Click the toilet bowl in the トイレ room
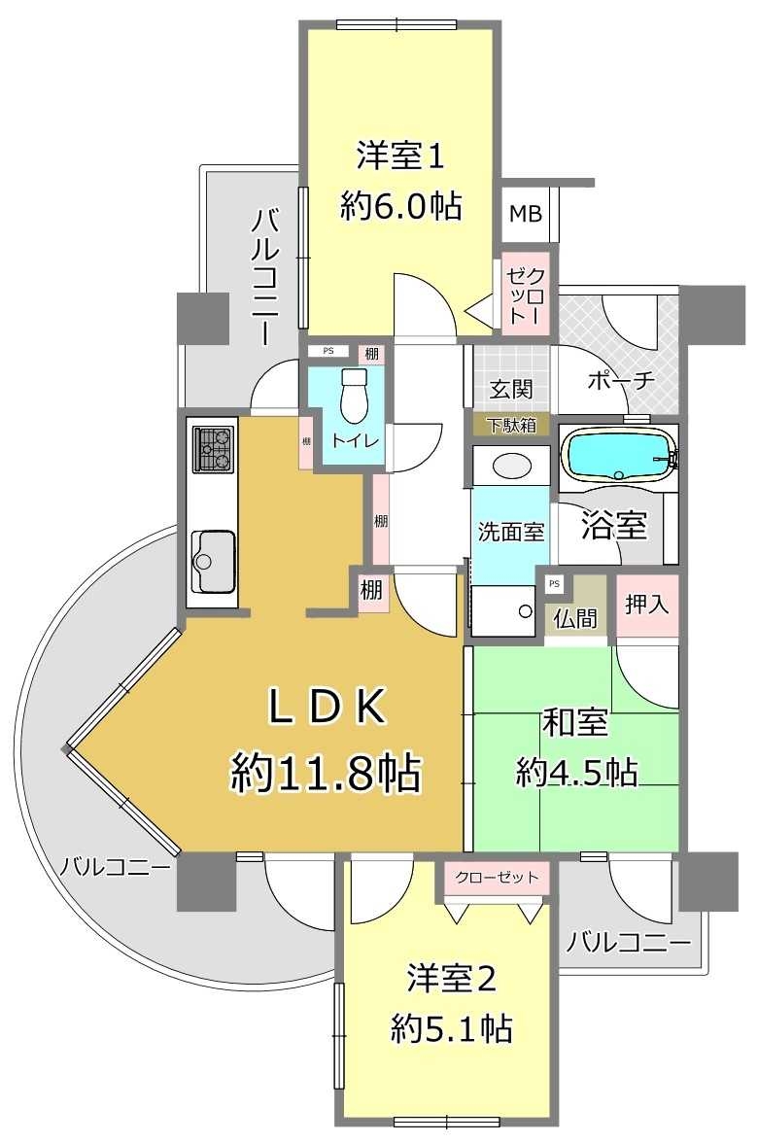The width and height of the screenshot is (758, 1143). pyautogui.click(x=355, y=397)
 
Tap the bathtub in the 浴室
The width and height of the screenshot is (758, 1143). pyautogui.click(x=619, y=455)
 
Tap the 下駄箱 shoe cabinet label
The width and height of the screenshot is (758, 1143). pyautogui.click(x=511, y=424)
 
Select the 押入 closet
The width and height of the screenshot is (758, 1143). pyautogui.click(x=647, y=605)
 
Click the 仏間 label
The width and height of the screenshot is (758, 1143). pyautogui.click(x=576, y=618)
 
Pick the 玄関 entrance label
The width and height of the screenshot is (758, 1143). pyautogui.click(x=510, y=390)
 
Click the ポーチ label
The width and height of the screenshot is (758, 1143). pyautogui.click(x=622, y=381)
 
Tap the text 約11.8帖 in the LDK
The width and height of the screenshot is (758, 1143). pyautogui.click(x=326, y=774)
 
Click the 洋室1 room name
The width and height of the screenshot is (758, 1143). pyautogui.click(x=399, y=155)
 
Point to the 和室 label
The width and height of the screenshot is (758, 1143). pyautogui.click(x=575, y=723)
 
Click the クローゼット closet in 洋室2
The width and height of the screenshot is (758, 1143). pyautogui.click(x=498, y=878)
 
